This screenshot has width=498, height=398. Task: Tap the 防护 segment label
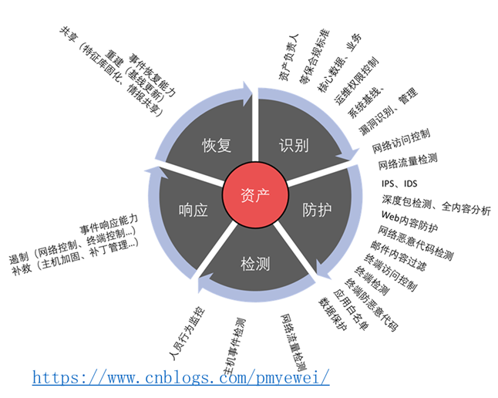coord(318,209)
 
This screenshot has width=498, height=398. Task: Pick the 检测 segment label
coord(255,265)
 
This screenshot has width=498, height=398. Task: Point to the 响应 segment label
coord(193,209)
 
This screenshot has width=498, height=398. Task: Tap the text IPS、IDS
coord(399,184)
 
